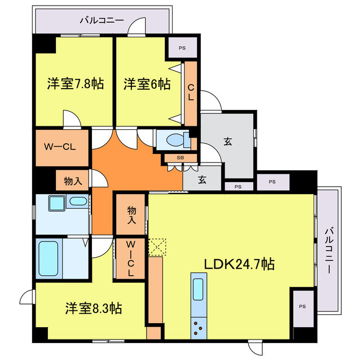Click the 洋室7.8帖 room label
tap(74, 85)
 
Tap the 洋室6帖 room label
tap(147, 85)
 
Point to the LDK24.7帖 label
tap(239, 264)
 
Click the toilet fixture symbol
tap(175, 139)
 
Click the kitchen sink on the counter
tap(199, 289)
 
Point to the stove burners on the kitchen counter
tap(199, 326)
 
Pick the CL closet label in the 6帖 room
tap(191, 92)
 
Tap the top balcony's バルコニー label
tap(102, 20)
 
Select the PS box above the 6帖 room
tap(182, 47)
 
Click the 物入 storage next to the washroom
tap(73, 181)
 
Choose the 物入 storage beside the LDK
tap(130, 214)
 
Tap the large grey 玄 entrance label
tap(228, 142)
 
